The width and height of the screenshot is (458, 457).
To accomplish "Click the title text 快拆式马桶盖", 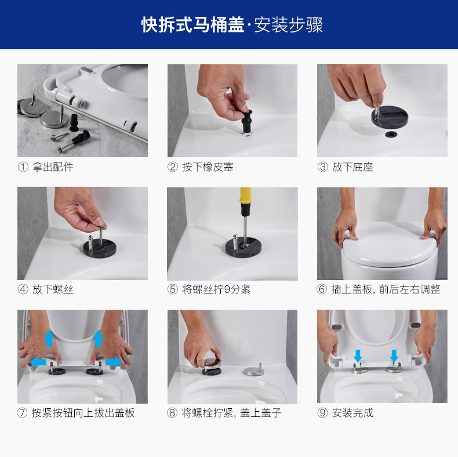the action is tap(193, 24).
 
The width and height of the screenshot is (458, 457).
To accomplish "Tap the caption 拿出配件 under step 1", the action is tap(53, 167).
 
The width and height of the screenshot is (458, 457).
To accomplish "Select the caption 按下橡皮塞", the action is tap(208, 167).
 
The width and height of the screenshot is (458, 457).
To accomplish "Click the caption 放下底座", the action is tap(352, 167).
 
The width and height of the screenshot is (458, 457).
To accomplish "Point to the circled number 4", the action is tap(23, 289).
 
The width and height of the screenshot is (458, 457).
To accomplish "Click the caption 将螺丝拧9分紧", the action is tap(216, 289).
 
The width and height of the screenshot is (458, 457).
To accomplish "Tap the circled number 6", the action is tap(322, 289).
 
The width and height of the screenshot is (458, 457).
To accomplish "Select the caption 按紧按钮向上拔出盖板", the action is tap(83, 413).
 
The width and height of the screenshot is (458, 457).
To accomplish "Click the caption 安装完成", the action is tap(352, 413).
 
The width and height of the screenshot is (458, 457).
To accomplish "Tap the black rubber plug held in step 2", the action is tap(247, 121).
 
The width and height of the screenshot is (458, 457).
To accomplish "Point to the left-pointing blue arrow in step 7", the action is tap(38, 362).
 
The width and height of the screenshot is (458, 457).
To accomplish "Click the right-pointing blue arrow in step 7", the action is tap(114, 362).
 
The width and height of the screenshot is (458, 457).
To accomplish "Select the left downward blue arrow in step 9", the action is tap(358, 356).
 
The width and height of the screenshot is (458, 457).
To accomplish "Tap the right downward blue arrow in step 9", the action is tap(394, 356).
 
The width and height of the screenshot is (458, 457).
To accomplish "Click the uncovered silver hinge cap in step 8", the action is tap(253, 371).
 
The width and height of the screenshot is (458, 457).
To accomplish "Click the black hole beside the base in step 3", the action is tap(391, 135).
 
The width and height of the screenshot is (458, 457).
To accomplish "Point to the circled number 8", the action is tap(172, 413).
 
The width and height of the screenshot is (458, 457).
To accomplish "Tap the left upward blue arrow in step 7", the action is tap(49, 339).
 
